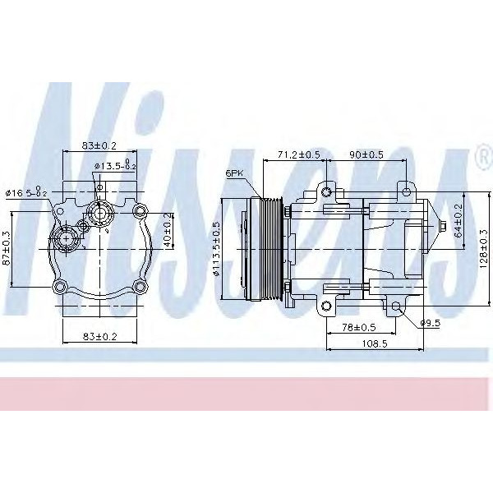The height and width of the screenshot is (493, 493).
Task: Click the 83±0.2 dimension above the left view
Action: [x=99, y=145]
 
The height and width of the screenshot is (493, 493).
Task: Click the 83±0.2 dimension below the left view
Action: [x=99, y=335]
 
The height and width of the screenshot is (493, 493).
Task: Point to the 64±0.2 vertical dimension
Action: [x=458, y=222]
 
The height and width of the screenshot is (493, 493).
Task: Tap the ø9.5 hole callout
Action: [x=431, y=322]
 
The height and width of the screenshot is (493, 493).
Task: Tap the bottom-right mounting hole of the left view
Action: [x=141, y=287]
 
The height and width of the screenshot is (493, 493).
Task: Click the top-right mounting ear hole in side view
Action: [x=406, y=192]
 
